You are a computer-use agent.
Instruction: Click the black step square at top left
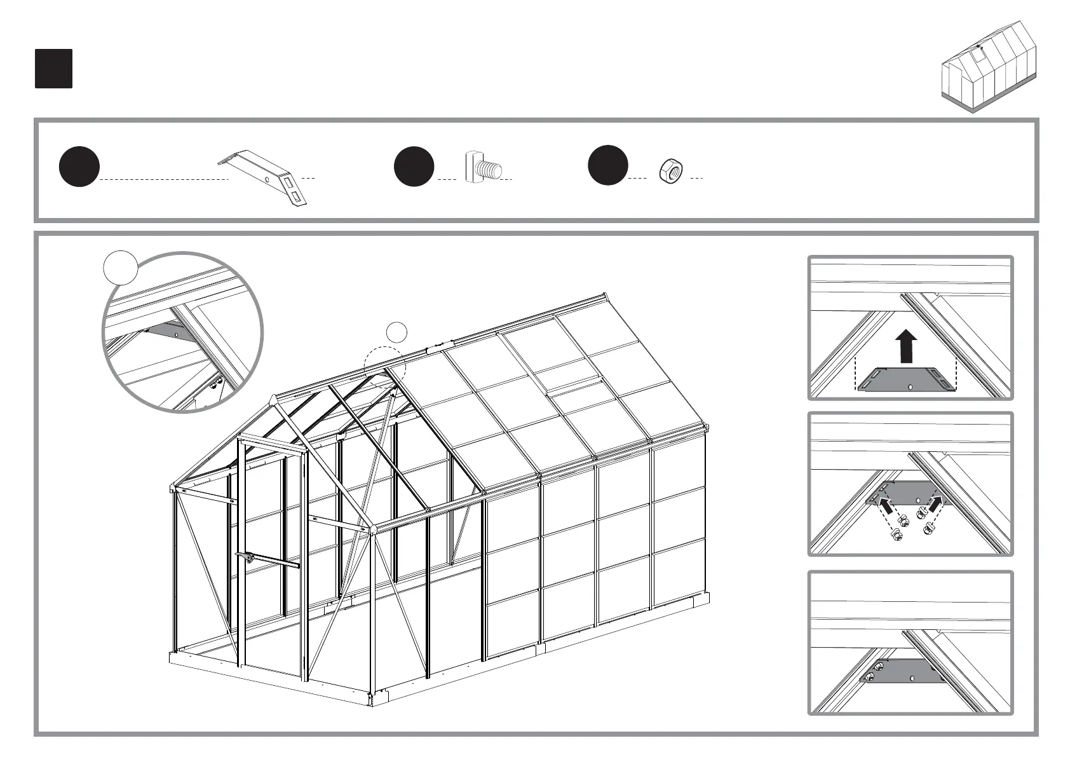(53, 69)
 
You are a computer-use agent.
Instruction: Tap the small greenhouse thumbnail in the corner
(990, 67)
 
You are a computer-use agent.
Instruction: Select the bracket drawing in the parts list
(266, 177)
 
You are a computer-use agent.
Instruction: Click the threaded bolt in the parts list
(484, 168)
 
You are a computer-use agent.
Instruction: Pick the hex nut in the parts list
(671, 171)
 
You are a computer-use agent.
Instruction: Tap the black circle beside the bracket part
(79, 167)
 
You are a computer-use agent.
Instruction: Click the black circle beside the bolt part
(414, 167)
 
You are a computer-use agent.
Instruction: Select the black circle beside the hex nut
(608, 165)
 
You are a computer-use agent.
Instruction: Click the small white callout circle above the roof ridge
(397, 332)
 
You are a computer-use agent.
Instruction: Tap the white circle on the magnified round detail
(121, 267)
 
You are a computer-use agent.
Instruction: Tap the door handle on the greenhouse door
(247, 557)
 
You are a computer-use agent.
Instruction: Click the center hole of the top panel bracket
(911, 386)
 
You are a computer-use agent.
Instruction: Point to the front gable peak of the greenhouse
(274, 399)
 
